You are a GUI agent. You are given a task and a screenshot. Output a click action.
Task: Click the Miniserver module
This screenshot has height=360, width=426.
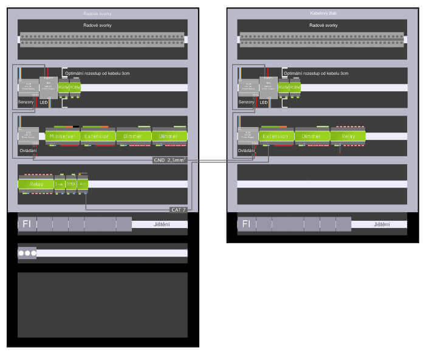pyautogui.click(x=62, y=136)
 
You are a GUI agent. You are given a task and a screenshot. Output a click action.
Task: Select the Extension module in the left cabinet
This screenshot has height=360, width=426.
pyautogui.click(x=97, y=136)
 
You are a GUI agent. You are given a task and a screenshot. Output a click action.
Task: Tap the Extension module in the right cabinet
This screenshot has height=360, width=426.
pyautogui.click(x=277, y=136)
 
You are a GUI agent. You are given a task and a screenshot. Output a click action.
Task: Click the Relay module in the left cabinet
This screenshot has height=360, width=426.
pyautogui.click(x=35, y=183)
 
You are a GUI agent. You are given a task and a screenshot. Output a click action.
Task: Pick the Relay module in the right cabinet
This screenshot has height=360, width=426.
pyautogui.click(x=348, y=136)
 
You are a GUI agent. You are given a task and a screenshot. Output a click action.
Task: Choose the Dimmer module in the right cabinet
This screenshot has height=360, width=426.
pyautogui.click(x=312, y=136)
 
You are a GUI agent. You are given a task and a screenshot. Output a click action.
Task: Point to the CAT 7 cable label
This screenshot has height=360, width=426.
pyautogui.click(x=177, y=209)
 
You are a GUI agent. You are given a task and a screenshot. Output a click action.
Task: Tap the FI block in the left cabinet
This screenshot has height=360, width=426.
pyautogui.click(x=27, y=224)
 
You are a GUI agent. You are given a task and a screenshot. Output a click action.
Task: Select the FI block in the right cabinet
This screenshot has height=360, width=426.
pyautogui.click(x=246, y=224)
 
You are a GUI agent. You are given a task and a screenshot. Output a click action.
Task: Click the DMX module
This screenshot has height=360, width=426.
pyautogui.click(x=70, y=183)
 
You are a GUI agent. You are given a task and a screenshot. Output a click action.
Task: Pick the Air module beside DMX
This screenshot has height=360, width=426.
pyautogui.click(x=83, y=183)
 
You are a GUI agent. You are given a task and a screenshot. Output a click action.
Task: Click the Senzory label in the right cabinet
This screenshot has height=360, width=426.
pyautogui.click(x=246, y=102)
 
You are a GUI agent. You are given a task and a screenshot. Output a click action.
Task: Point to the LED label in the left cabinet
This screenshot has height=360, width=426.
pyautogui.click(x=44, y=102)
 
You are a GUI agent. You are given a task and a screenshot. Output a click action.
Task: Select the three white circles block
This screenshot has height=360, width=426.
pyautogui.click(x=27, y=252)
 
